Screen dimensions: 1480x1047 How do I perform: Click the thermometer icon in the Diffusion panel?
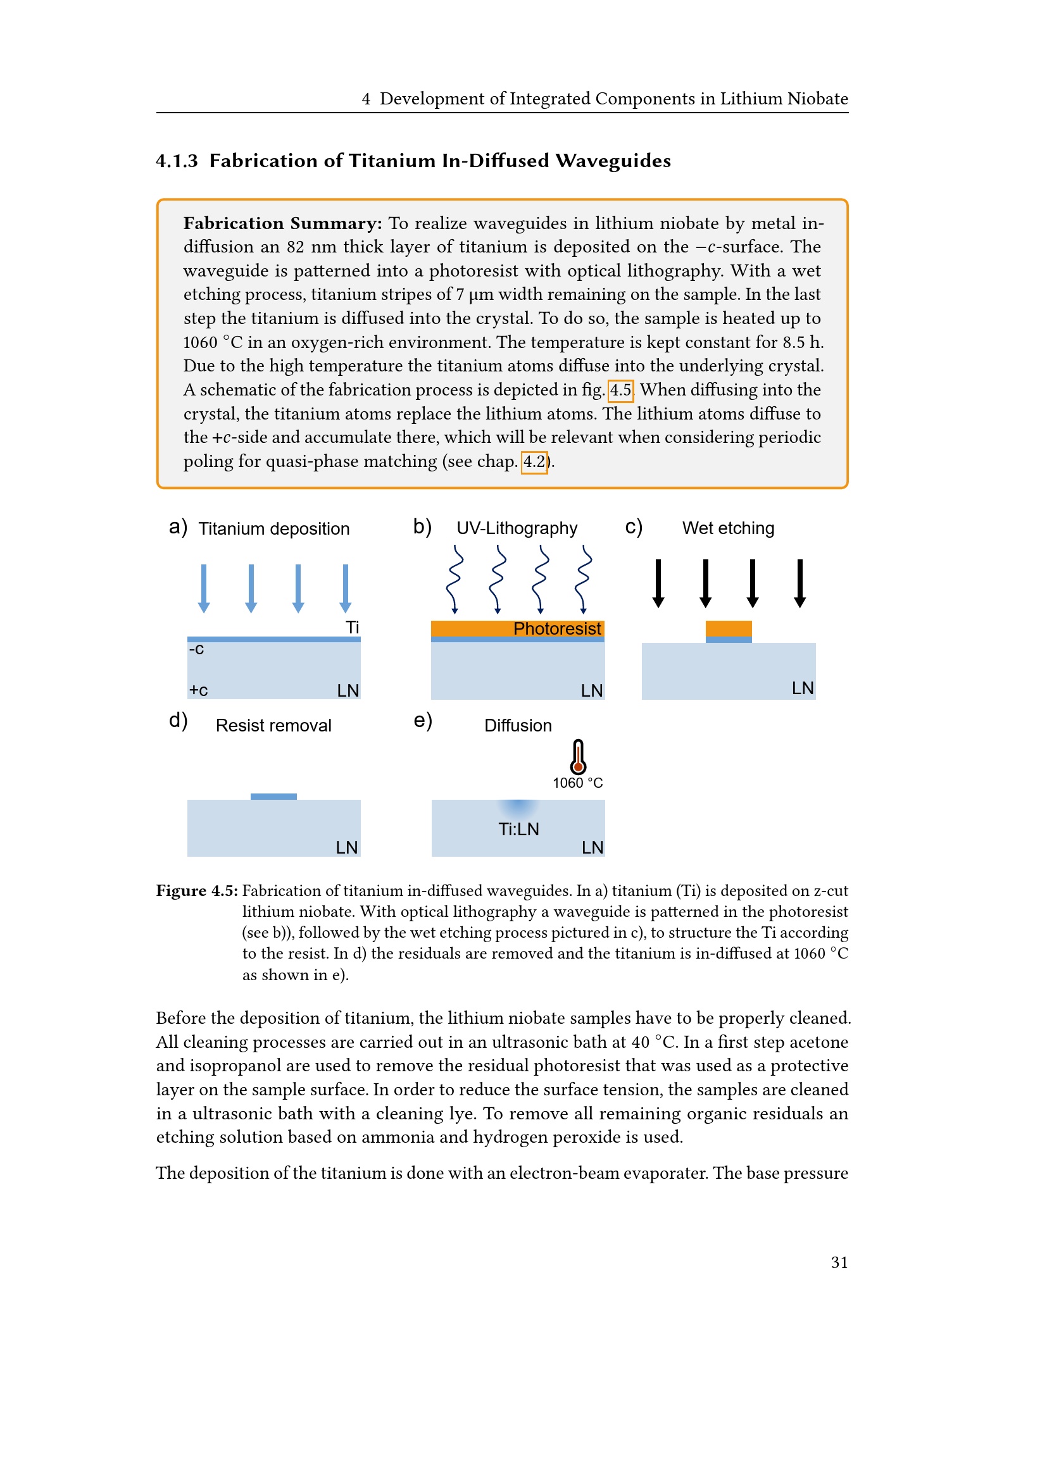[x=578, y=756]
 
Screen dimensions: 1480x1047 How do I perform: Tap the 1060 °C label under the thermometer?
[x=577, y=783]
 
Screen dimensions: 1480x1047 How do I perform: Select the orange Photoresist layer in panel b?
[x=517, y=628]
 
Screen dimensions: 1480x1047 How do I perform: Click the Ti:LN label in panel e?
[x=518, y=829]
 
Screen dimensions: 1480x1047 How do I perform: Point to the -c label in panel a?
[x=196, y=649]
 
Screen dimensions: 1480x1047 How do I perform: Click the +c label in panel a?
[x=198, y=690]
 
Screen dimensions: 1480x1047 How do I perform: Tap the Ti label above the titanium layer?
[x=352, y=627]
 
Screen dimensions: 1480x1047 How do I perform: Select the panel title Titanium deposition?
[x=273, y=528]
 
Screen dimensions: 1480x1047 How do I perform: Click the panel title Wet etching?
[x=728, y=528]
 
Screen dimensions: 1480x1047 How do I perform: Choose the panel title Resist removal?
[x=273, y=725]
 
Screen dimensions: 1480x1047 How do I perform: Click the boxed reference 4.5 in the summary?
[x=620, y=390]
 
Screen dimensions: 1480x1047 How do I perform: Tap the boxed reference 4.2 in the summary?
[x=534, y=461]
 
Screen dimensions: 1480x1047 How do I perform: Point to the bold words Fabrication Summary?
[x=282, y=223]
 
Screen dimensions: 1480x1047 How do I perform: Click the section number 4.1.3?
[x=177, y=161]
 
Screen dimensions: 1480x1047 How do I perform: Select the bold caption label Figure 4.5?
[x=197, y=890]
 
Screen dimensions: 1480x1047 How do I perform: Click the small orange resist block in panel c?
[x=729, y=628]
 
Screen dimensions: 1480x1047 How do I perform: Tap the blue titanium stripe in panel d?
[x=273, y=797]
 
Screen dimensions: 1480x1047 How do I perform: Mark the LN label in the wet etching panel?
[x=802, y=688]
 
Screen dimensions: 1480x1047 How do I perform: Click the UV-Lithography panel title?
[x=517, y=528]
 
